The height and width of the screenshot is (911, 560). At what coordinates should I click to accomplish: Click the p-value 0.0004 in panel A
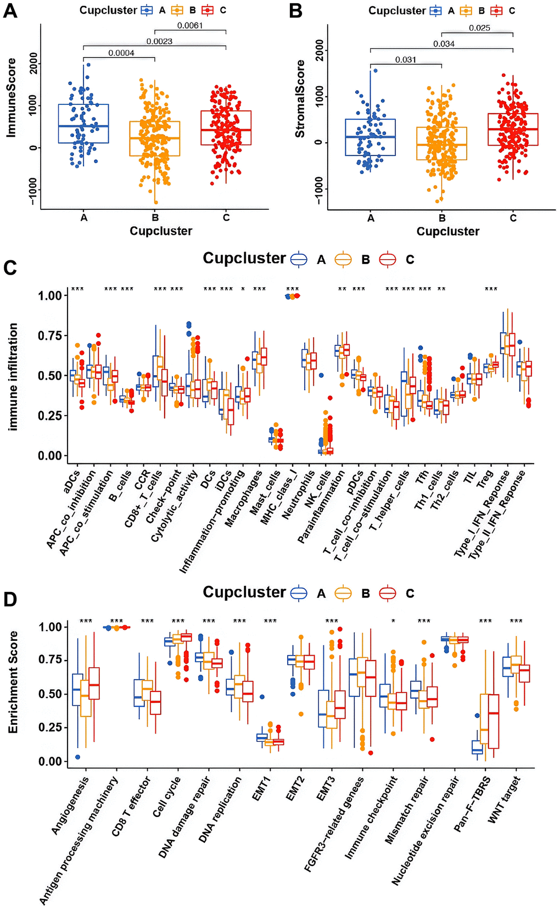coord(121,53)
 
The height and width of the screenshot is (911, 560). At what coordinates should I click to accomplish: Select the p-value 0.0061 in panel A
coord(190,25)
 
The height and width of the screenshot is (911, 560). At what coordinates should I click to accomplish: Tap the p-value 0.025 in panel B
coord(479,28)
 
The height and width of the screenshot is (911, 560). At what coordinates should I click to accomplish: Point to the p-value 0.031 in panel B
coord(406,60)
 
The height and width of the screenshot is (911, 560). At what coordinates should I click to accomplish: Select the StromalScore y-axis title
coord(300,99)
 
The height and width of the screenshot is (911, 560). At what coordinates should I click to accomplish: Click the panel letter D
coord(10,600)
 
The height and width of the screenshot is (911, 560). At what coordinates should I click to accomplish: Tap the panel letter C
coord(10,267)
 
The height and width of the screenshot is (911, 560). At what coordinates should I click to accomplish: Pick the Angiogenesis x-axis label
coord(70,806)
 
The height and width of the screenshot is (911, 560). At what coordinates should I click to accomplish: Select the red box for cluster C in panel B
coord(513,129)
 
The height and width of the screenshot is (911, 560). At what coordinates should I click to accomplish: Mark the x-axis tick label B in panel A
coord(155,217)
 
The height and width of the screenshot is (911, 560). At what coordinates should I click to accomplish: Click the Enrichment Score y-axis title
coord(13,682)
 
